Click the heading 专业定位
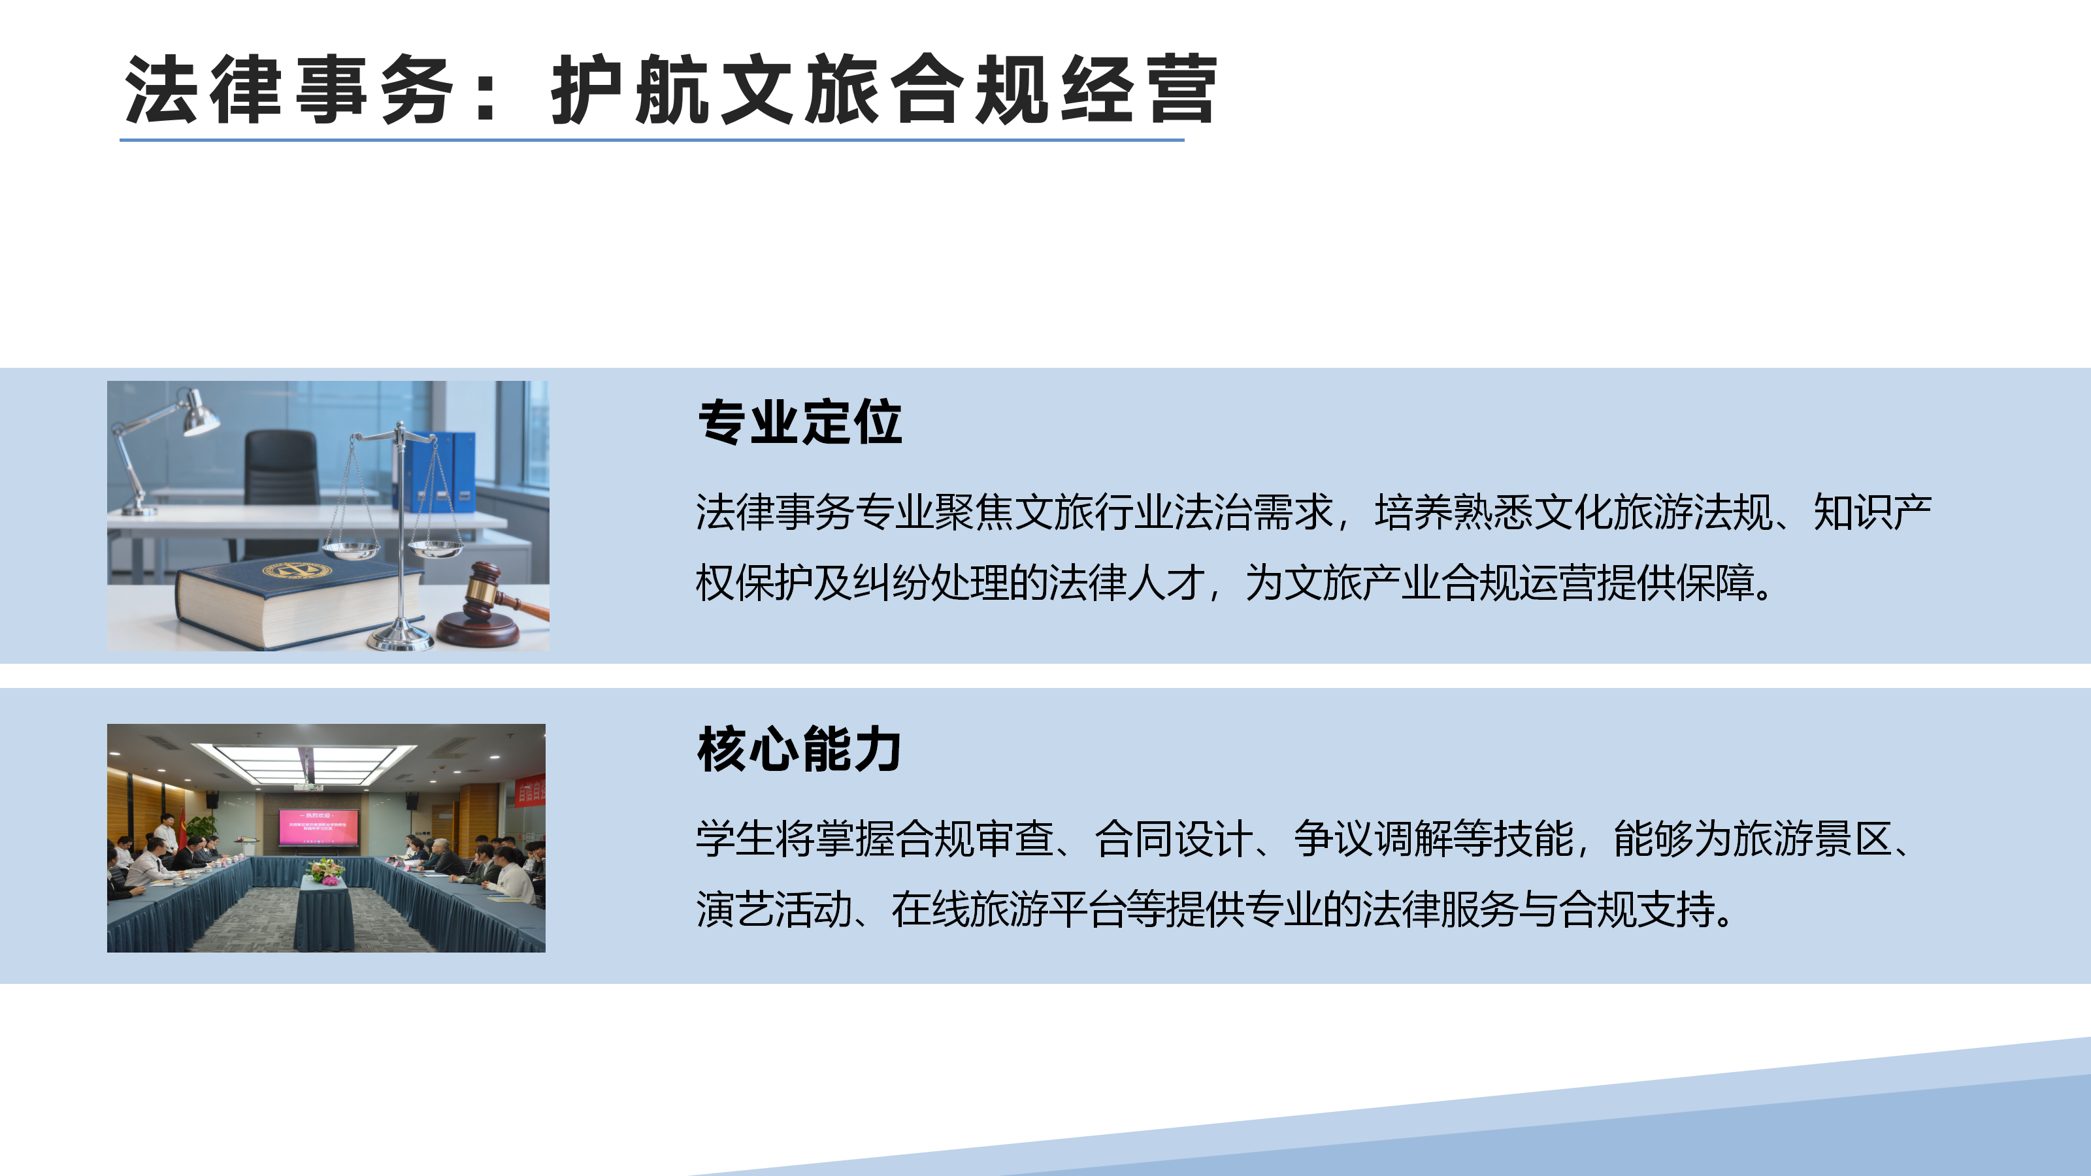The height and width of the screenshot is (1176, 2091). coord(800,422)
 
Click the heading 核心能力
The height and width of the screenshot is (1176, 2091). coord(800,749)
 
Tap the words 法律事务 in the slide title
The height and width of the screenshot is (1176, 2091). coord(288,90)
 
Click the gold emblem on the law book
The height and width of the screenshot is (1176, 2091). coord(296,570)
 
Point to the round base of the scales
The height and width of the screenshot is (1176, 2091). coord(399,640)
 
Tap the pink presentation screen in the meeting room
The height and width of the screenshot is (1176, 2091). coord(318,828)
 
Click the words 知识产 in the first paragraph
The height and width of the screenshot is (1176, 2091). coord(1872,512)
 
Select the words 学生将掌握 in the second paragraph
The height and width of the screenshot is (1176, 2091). coord(795,838)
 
